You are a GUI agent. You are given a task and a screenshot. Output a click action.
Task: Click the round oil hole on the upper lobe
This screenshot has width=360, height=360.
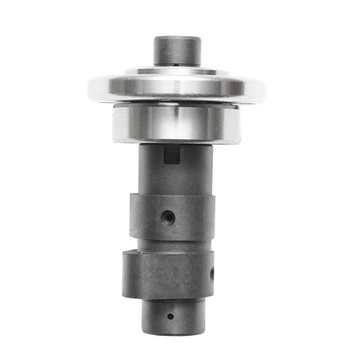coord(169,215)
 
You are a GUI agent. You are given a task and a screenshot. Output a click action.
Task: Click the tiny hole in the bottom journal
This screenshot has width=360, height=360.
coord(170,315)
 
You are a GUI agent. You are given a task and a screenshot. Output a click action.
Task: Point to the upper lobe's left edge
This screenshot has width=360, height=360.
coord(133,216)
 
